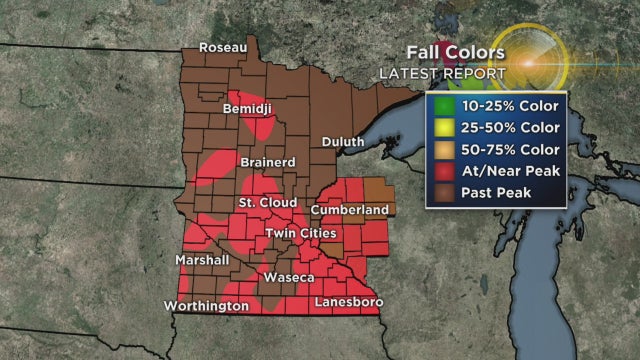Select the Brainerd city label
267,161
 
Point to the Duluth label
343,142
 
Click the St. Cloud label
262,203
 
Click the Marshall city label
202,260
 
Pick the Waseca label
290,276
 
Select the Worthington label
207,305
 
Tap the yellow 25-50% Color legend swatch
441,127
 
